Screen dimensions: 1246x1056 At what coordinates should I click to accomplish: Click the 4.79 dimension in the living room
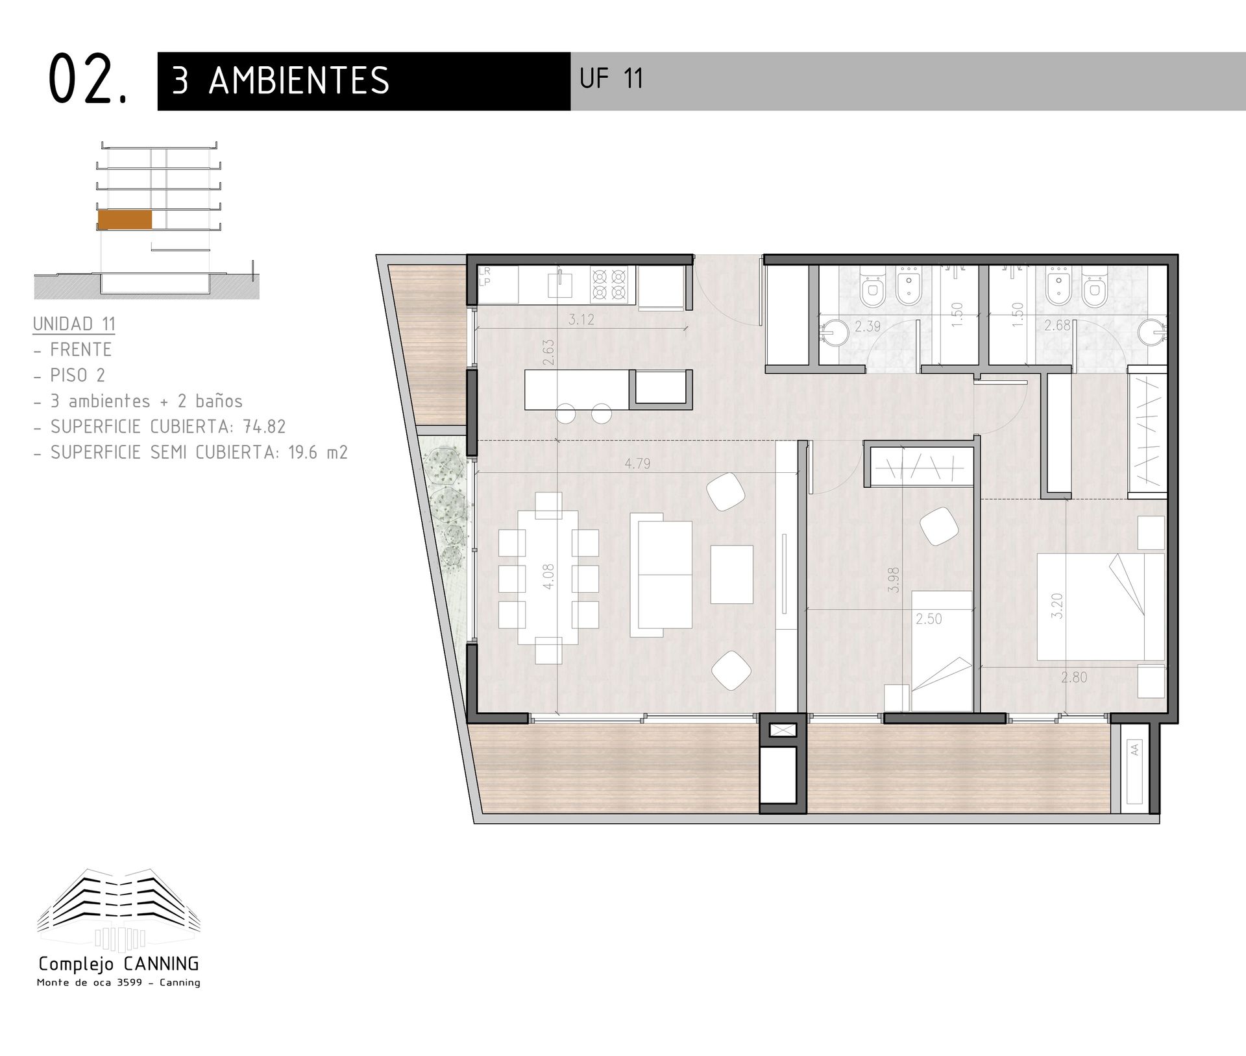coord(637,463)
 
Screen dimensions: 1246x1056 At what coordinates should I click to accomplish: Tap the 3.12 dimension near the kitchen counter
coord(581,319)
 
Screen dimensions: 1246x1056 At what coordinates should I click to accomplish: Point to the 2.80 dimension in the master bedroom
coord(1074,677)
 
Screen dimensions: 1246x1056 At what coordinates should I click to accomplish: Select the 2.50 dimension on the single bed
coord(929,619)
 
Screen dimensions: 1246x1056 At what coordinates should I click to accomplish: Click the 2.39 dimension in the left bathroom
coord(868,326)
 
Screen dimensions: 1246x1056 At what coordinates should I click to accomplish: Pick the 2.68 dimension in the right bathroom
coord(1057,326)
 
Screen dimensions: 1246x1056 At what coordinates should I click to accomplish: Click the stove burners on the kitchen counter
coord(610,285)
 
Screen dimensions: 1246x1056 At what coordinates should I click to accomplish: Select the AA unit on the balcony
coord(1134,772)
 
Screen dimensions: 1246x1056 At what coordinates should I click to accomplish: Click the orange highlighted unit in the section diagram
coord(125,220)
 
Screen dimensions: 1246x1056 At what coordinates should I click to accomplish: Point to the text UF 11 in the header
coord(611,79)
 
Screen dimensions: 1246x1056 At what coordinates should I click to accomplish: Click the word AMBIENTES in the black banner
coord(299,80)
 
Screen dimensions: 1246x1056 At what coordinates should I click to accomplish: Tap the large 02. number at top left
coord(88,79)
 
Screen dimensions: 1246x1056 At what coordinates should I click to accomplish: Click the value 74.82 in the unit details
coord(264,426)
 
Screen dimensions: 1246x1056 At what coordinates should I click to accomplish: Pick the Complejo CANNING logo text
coord(119,964)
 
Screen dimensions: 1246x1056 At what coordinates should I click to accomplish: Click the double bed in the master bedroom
coord(1101,606)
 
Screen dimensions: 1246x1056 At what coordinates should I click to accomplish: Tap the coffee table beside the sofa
coord(732,575)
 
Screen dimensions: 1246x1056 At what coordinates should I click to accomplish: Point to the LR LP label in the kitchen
coord(485,277)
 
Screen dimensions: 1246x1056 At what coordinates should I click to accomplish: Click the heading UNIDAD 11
coord(74,324)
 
